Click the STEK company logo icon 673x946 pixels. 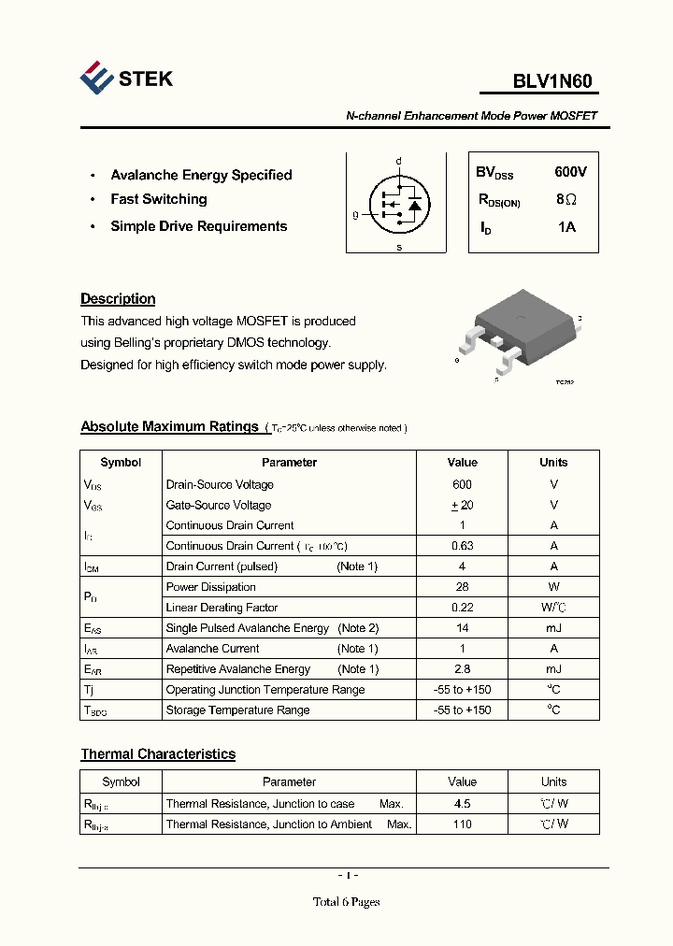coord(97,79)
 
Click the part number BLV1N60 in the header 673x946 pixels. coord(551,81)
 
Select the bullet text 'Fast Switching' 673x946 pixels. coord(159,199)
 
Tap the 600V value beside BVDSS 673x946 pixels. coord(570,172)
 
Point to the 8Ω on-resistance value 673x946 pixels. coord(566,199)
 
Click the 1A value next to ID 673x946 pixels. coord(566,227)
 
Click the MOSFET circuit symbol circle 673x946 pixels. coord(399,203)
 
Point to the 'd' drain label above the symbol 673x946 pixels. coord(399,161)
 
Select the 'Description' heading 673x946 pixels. coord(118,299)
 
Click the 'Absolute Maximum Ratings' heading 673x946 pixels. coord(169,426)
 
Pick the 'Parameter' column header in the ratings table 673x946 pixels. coord(289,463)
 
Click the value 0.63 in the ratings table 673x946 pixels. coord(462,546)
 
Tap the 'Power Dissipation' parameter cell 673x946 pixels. coord(210,587)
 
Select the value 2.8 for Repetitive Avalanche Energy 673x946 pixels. coord(462,669)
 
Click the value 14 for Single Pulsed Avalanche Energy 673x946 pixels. coord(462,628)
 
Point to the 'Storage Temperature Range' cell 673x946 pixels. coord(237,710)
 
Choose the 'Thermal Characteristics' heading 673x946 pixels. coord(158,754)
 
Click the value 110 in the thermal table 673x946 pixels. coord(462,824)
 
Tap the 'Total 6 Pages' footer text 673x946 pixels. coord(346,902)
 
